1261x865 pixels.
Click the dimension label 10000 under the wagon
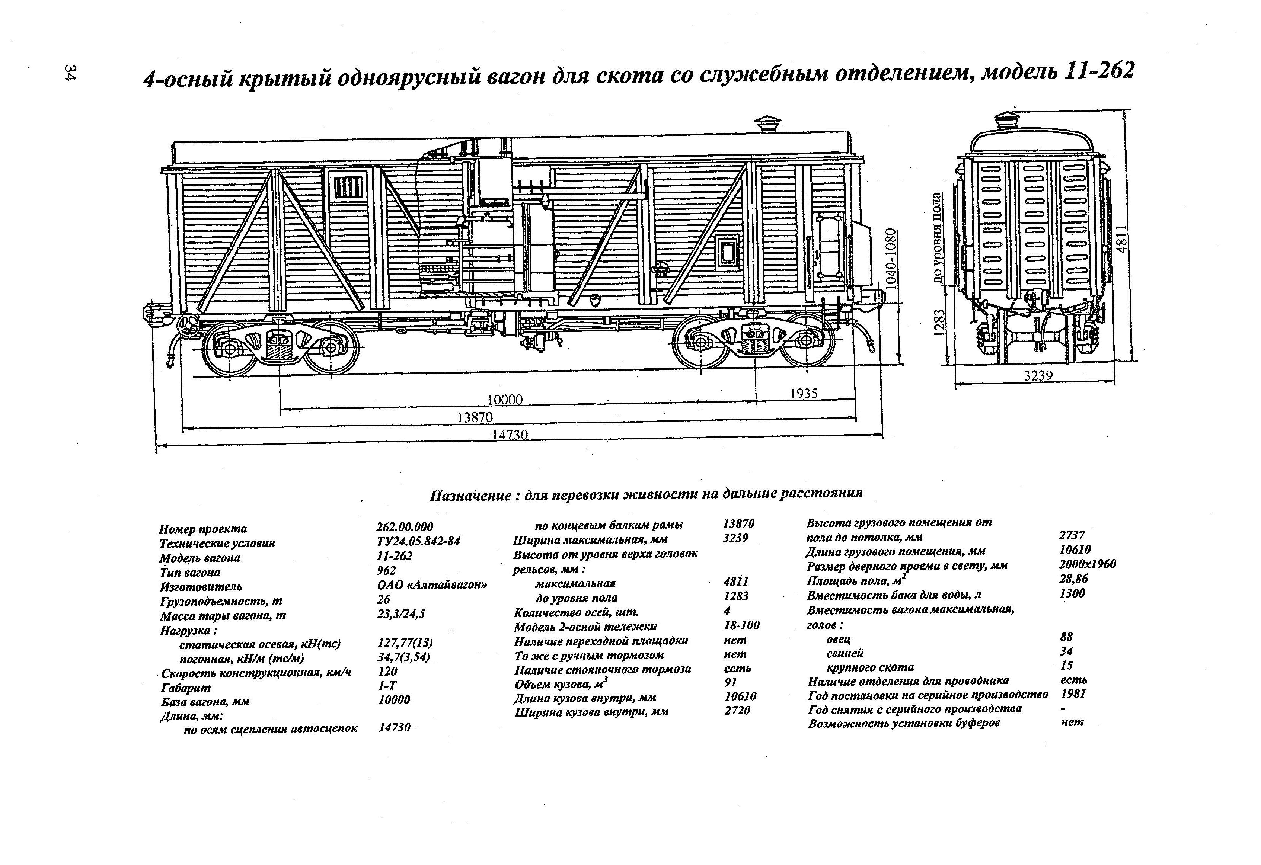[505, 400]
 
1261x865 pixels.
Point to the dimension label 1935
[804, 394]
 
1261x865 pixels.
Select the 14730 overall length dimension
[510, 435]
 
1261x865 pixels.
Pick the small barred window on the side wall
[347, 187]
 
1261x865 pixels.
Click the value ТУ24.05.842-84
[418, 542]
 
